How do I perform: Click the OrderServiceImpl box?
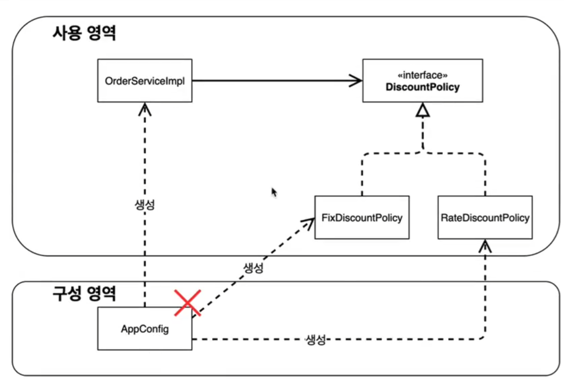pyautogui.click(x=144, y=80)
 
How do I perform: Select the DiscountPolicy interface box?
pyautogui.click(x=423, y=80)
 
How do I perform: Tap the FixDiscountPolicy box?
pyautogui.click(x=362, y=218)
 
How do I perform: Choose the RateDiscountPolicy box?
pyautogui.click(x=485, y=218)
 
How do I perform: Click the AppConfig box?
pyautogui.click(x=144, y=329)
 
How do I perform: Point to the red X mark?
pyautogui.click(x=188, y=303)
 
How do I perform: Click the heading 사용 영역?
pyautogui.click(x=84, y=34)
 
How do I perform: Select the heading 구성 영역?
pyautogui.click(x=84, y=293)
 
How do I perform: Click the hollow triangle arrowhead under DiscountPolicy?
pyautogui.click(x=423, y=110)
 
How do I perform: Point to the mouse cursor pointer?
pyautogui.click(x=274, y=192)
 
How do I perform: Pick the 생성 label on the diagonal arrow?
pyautogui.click(x=253, y=268)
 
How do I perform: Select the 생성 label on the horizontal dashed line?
pyautogui.click(x=315, y=340)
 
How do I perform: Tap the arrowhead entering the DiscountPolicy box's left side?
pyautogui.click(x=356, y=80)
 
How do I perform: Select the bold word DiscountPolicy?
pyautogui.click(x=423, y=87)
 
